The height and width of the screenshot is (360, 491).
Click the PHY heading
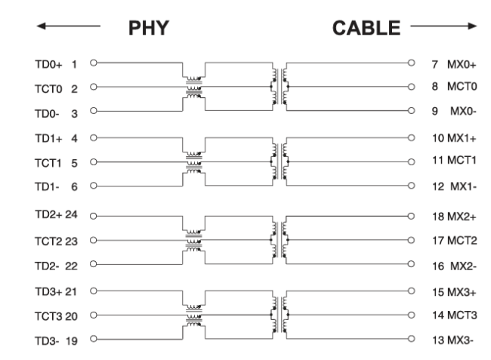(x=149, y=28)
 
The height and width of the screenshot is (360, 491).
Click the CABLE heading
(x=366, y=28)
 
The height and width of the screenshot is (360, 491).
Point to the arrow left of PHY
(x=69, y=26)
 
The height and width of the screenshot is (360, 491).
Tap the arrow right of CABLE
(x=443, y=26)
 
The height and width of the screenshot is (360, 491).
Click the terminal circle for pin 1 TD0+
(x=94, y=63)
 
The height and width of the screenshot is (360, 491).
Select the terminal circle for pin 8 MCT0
(x=412, y=87)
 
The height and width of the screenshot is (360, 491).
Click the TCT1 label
(x=48, y=163)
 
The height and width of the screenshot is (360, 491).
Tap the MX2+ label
(x=462, y=217)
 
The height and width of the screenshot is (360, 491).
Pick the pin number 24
(x=71, y=214)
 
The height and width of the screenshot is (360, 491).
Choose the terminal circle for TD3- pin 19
(x=94, y=339)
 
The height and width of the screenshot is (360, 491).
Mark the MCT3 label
(x=462, y=315)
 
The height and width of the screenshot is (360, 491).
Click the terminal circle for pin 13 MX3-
(x=412, y=339)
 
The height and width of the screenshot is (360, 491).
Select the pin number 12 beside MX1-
(x=438, y=186)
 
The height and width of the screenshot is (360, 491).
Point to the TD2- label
(x=47, y=266)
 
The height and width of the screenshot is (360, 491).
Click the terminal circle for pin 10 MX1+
(x=412, y=137)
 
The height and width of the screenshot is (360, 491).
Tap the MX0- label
(x=464, y=111)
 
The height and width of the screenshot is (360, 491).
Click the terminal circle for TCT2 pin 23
(x=94, y=240)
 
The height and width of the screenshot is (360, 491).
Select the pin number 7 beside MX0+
(x=435, y=64)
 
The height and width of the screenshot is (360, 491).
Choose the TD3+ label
(x=48, y=292)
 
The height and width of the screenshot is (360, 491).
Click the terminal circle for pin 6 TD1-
(x=94, y=186)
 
